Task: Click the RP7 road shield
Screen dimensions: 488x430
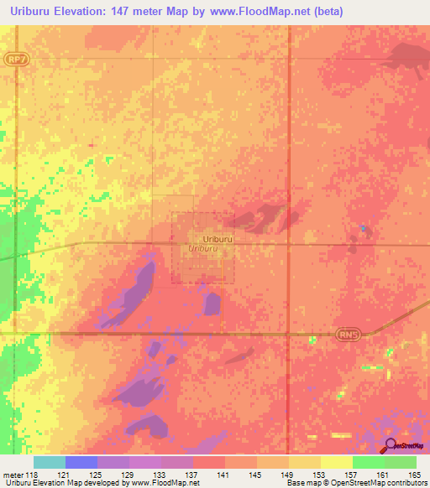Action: (15, 60)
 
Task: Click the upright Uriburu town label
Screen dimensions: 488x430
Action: (217, 239)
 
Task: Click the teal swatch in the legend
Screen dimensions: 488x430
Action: (49, 462)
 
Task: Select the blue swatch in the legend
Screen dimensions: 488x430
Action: (81, 462)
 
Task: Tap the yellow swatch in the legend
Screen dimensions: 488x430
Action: (336, 462)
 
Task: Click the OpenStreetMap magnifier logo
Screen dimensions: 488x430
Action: (391, 446)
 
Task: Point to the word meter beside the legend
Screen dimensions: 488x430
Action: (13, 475)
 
